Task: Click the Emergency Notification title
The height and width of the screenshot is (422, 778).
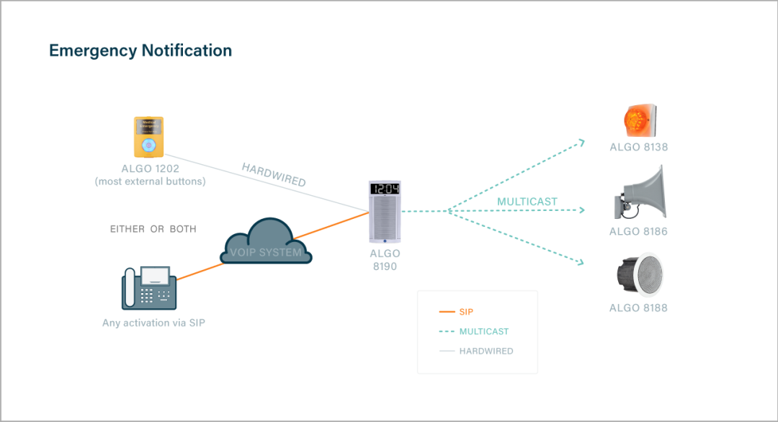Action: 140,50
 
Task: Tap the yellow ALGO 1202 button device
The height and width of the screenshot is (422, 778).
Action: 148,137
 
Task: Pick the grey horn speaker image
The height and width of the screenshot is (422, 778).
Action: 640,193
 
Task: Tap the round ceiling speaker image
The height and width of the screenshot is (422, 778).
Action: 639,274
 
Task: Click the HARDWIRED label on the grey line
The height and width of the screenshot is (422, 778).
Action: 274,175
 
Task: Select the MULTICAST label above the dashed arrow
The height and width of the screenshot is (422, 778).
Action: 527,202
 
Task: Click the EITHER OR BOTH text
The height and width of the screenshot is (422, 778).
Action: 153,229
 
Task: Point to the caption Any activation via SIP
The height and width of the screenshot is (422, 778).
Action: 153,323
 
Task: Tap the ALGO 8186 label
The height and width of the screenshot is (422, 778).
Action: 638,232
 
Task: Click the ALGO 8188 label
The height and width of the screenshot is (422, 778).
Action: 638,308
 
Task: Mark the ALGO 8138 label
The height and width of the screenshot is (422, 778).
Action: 638,148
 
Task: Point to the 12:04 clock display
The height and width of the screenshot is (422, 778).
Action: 384,189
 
